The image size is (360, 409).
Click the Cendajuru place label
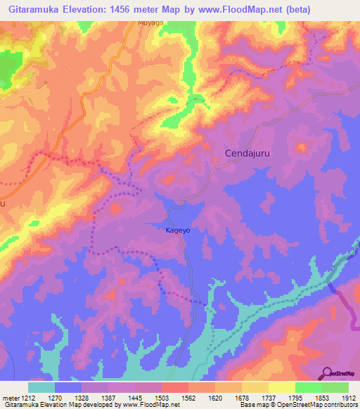(247, 152)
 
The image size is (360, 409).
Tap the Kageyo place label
(178, 230)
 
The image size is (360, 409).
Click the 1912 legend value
(347, 398)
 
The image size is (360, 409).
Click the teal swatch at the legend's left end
(41, 387)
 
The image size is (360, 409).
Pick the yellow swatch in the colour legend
(281, 387)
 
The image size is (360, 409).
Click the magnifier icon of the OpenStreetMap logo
(328, 372)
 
